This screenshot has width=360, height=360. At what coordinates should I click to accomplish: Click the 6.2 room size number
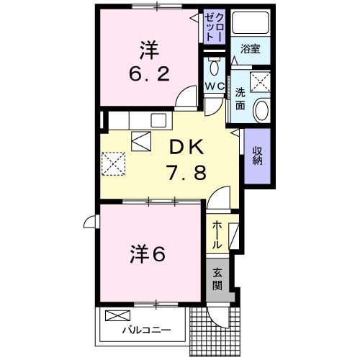tap(148, 73)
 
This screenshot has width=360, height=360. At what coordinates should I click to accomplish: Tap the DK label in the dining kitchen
tap(186, 147)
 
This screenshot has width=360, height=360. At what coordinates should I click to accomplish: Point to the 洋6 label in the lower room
tap(148, 253)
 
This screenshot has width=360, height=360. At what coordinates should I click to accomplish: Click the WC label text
tap(215, 86)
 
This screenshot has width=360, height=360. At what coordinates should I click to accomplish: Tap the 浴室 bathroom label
tap(251, 50)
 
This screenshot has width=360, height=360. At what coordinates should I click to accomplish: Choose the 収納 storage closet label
tap(257, 156)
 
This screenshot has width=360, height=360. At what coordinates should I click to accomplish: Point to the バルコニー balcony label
tap(145, 330)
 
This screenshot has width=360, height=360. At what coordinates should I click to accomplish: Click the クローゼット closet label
tap(215, 26)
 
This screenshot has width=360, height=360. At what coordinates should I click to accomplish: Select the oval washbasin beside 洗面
tap(261, 110)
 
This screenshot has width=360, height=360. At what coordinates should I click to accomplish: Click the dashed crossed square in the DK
tap(114, 163)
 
